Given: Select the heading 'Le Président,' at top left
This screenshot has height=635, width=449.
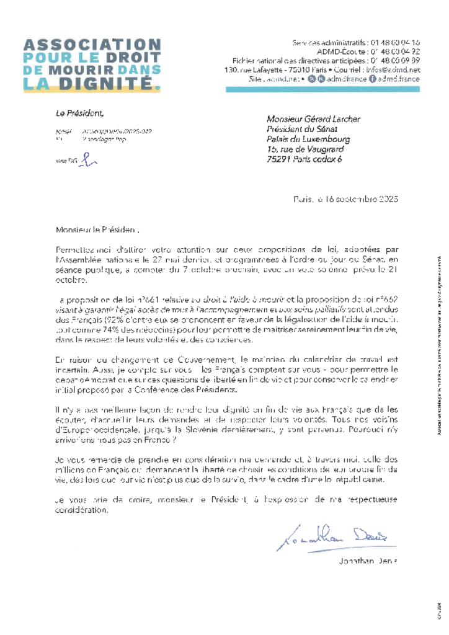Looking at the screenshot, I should (x=80, y=113).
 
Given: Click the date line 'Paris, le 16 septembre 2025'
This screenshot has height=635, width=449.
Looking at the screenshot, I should (x=345, y=199).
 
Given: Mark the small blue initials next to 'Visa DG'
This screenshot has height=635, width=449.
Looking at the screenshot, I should (x=91, y=161).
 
